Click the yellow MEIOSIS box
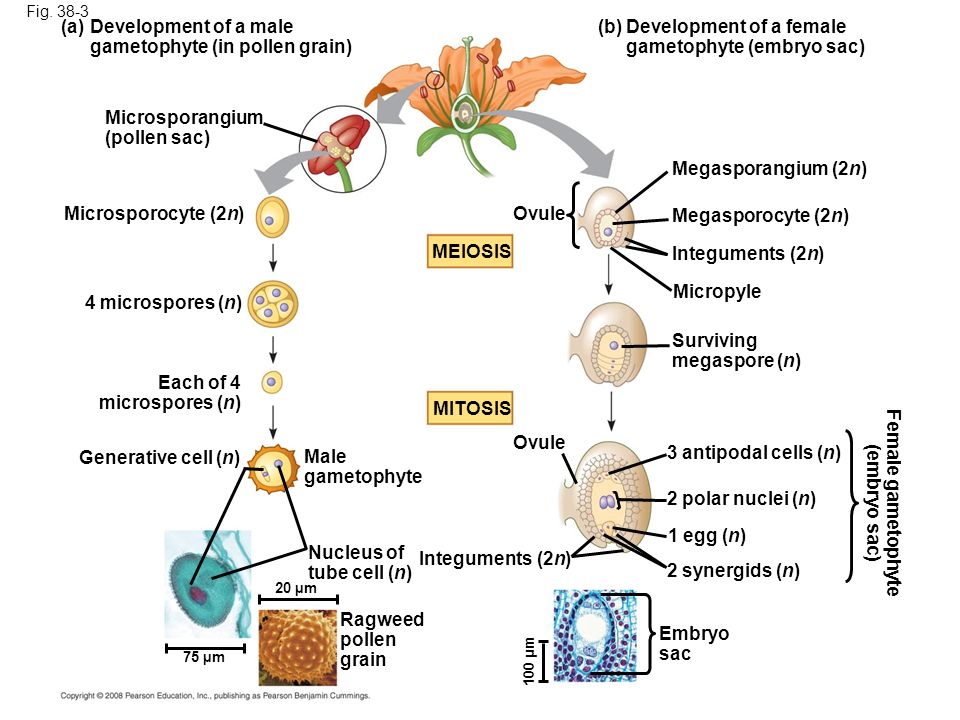[x=470, y=251]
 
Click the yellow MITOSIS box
[x=470, y=408]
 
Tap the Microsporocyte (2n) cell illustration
[x=272, y=217]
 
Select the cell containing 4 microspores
[x=273, y=304]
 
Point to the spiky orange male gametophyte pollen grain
[x=273, y=470]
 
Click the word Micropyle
[x=717, y=291]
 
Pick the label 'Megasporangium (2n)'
[x=769, y=168]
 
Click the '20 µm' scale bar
[x=298, y=599]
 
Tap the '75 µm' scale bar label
[x=204, y=658]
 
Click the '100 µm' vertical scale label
[x=530, y=661]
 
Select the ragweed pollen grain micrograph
[x=298, y=647]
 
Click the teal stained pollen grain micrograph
[x=208, y=584]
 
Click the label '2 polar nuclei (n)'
[x=741, y=499]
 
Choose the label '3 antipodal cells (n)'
[x=754, y=452]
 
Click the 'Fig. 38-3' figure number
[x=58, y=12]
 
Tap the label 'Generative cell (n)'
[x=159, y=457]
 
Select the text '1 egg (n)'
[x=707, y=536]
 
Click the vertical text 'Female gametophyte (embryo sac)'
[x=882, y=502]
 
